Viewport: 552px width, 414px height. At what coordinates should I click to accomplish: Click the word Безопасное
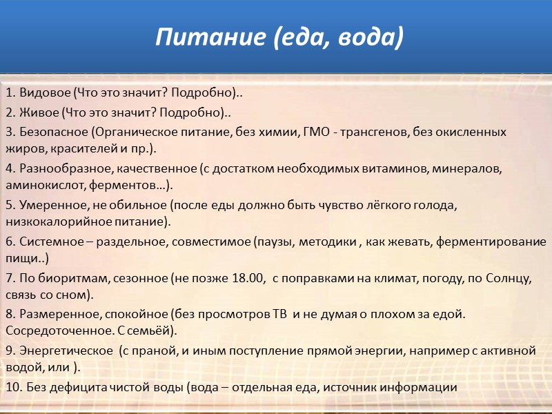[52, 131]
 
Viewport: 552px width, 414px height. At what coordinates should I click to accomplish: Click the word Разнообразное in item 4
[61, 168]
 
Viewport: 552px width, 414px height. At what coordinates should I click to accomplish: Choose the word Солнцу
[508, 278]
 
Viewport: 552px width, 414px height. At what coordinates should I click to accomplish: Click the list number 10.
[12, 388]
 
